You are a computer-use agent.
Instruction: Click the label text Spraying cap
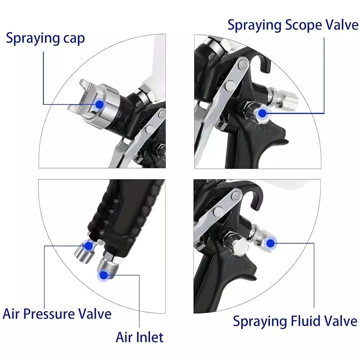point(45,38)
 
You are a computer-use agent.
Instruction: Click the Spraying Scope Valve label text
point(292,25)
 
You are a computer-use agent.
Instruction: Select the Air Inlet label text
point(139,337)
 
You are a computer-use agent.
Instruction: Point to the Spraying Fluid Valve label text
point(295,321)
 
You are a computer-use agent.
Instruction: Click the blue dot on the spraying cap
point(100,104)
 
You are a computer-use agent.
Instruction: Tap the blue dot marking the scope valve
point(262,113)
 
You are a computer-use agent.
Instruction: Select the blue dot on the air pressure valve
point(88,246)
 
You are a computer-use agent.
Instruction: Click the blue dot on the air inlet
point(104,276)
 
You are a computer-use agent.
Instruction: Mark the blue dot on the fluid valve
point(270,243)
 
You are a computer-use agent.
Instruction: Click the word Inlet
point(150,337)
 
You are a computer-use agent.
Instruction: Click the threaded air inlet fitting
point(108,268)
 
